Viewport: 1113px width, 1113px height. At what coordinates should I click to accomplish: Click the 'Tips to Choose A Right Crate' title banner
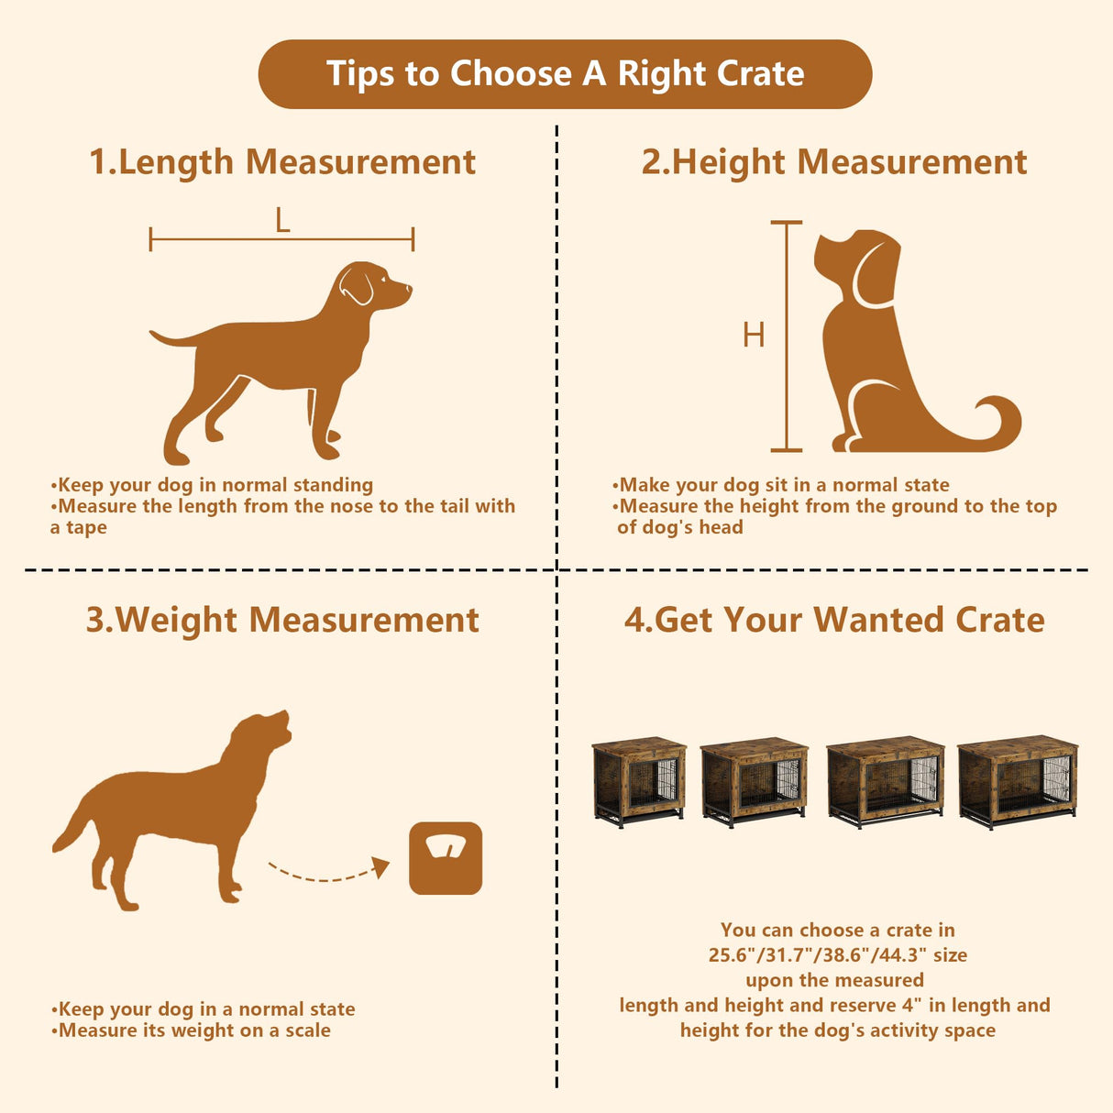click(565, 73)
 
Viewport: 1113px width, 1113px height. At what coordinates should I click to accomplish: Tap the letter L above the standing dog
click(282, 220)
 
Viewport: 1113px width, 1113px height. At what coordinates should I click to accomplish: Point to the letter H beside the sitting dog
click(754, 336)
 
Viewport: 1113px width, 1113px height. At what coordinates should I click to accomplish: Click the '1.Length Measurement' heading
click(282, 162)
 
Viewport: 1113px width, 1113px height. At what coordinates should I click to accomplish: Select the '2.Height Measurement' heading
click(833, 162)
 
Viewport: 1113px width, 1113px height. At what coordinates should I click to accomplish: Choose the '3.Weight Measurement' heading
click(282, 621)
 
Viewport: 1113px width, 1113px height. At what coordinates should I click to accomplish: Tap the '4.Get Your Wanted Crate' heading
click(834, 621)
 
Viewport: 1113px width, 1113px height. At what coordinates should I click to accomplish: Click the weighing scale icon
click(446, 858)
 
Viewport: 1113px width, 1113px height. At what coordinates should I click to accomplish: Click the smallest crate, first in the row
click(639, 781)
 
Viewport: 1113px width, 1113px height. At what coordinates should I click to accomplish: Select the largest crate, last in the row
click(1018, 781)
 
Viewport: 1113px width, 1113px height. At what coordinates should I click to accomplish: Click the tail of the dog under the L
click(174, 339)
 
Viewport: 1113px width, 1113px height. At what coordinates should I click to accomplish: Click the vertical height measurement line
click(786, 336)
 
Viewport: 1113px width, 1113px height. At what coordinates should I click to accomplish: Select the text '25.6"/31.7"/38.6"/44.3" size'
click(837, 955)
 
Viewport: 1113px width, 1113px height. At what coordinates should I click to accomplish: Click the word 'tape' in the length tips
click(86, 528)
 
